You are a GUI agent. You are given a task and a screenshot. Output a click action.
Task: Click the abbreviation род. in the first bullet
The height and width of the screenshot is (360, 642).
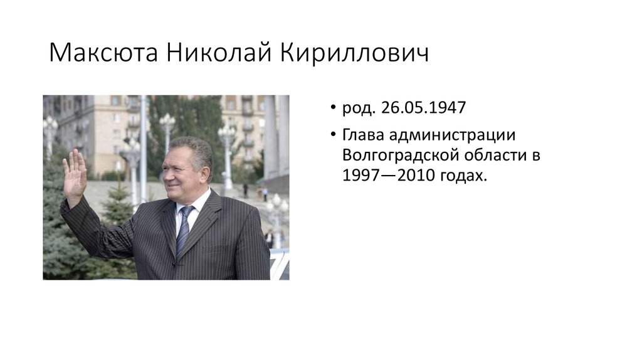(x=358, y=109)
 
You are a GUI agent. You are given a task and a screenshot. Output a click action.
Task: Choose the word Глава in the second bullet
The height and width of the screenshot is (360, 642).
(x=361, y=135)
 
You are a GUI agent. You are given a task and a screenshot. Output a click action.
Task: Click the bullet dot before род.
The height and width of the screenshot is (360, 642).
(x=334, y=108)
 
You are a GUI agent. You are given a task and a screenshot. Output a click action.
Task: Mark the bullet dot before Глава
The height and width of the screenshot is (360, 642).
(x=334, y=135)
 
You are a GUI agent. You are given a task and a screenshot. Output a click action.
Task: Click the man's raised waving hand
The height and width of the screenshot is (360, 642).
(x=74, y=174)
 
